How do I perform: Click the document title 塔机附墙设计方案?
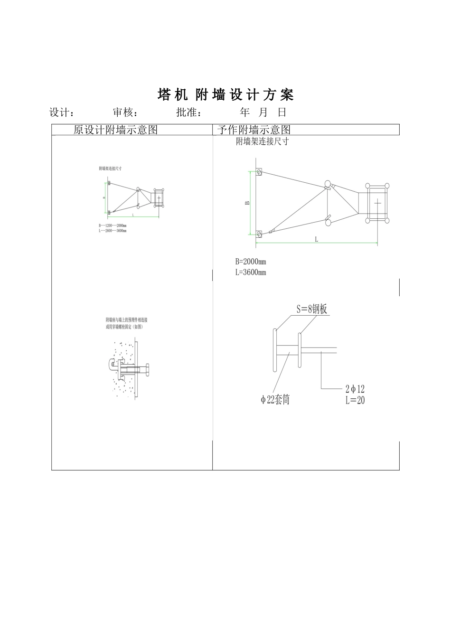225,95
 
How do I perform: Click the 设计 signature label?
61,113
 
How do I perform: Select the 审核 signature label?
125,113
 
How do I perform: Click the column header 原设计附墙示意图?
115,130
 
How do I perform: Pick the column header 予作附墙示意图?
254,130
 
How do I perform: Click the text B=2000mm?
251,262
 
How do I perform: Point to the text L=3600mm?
251,272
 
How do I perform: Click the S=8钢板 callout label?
312,309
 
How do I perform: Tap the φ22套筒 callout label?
275,400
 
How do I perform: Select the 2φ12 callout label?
355,389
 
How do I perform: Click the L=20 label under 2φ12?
355,400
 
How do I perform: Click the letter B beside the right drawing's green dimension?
247,203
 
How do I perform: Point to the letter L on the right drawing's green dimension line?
317,240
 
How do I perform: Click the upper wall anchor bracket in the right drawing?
259,171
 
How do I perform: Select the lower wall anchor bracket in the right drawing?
259,234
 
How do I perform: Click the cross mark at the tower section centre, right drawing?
377,203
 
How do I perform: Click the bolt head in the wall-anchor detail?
148,369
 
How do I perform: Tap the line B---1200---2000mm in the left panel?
113,225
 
